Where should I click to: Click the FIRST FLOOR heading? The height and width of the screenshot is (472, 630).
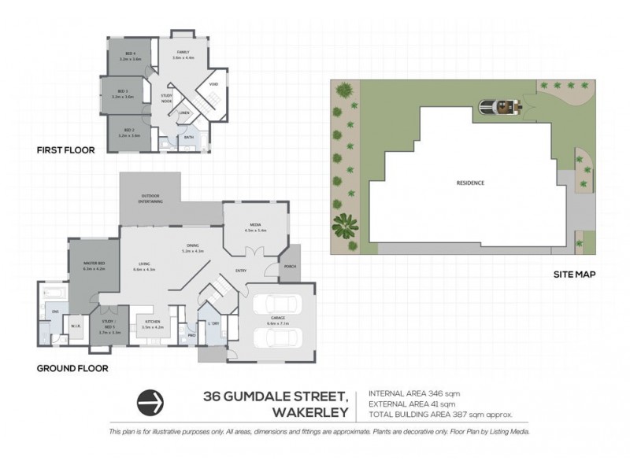(x=65, y=149)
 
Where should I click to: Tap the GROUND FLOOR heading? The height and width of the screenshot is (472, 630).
(x=72, y=367)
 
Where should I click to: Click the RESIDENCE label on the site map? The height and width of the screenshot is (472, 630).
(x=470, y=183)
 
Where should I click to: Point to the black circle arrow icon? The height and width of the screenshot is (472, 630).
(x=150, y=402)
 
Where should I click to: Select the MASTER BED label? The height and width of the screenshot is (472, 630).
(x=94, y=264)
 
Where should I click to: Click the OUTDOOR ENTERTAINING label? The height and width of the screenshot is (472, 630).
(x=152, y=199)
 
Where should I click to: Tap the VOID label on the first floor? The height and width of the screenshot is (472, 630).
(x=213, y=84)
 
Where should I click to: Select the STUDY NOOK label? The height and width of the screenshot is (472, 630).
(x=166, y=98)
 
